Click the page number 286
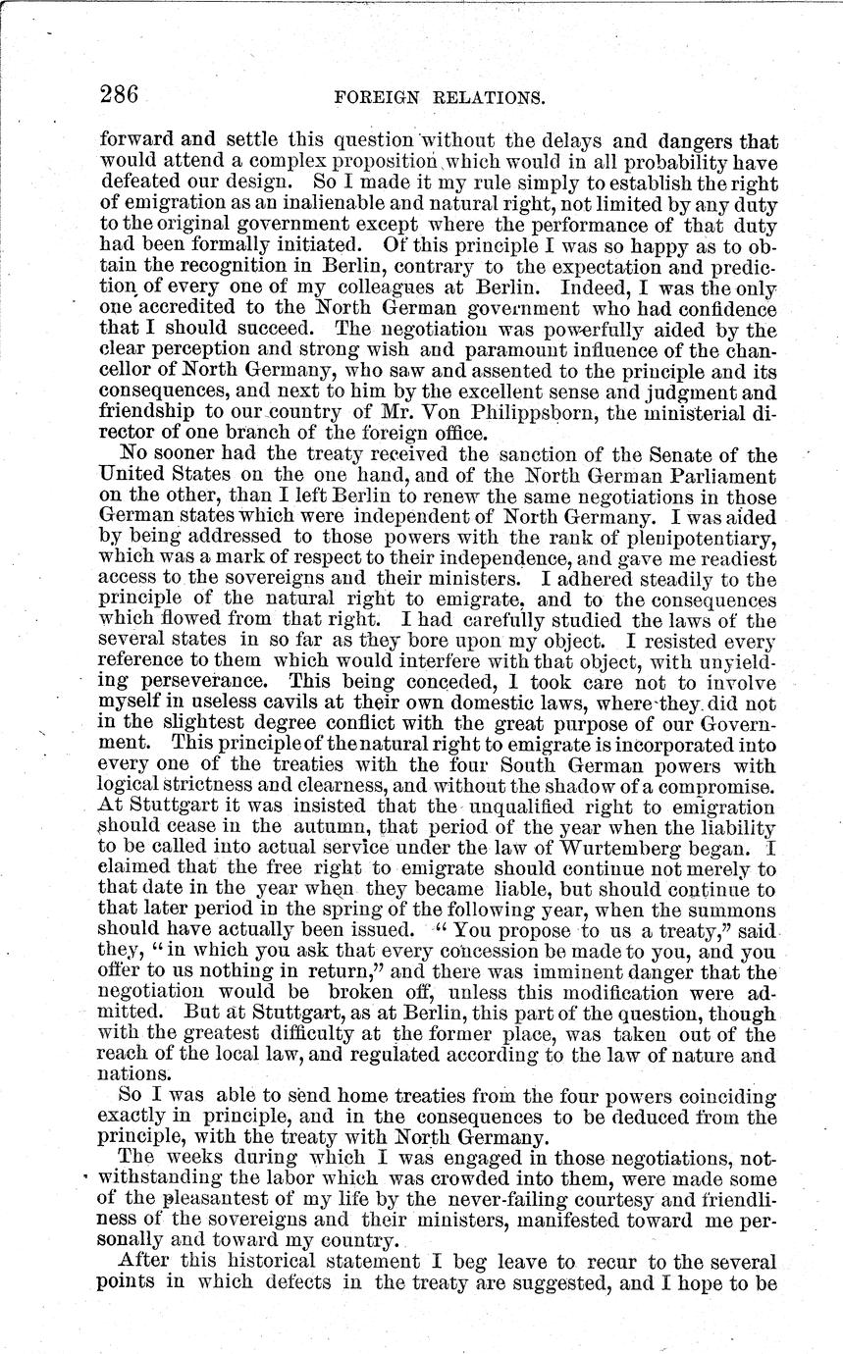pyautogui.click(x=121, y=94)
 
